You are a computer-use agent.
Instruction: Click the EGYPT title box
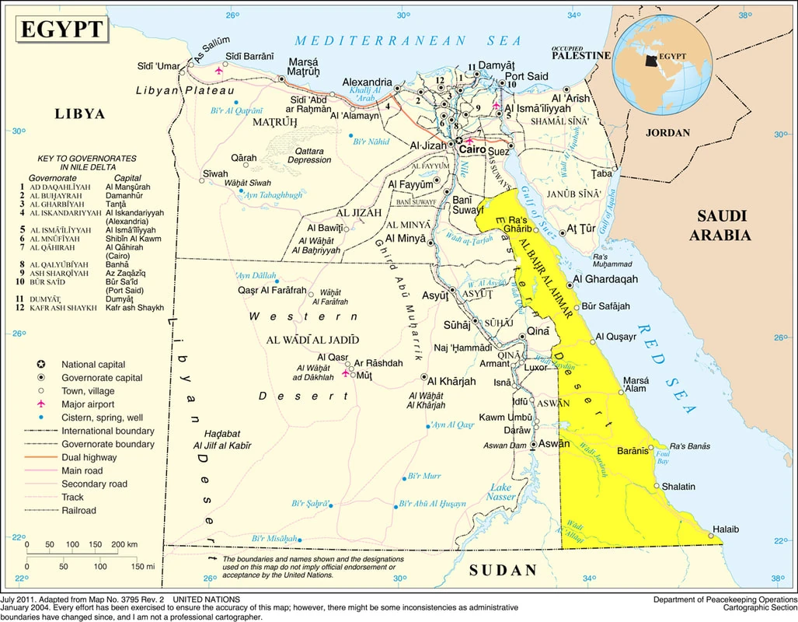61,30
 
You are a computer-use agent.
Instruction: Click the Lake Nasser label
501,492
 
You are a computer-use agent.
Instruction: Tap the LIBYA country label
79,114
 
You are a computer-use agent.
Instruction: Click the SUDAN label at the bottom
503,570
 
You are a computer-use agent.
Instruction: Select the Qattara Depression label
308,155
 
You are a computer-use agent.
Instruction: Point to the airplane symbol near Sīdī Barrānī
218,70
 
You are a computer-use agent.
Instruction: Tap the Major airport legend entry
87,404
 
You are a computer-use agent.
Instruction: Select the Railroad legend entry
78,511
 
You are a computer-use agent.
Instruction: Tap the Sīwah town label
215,173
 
